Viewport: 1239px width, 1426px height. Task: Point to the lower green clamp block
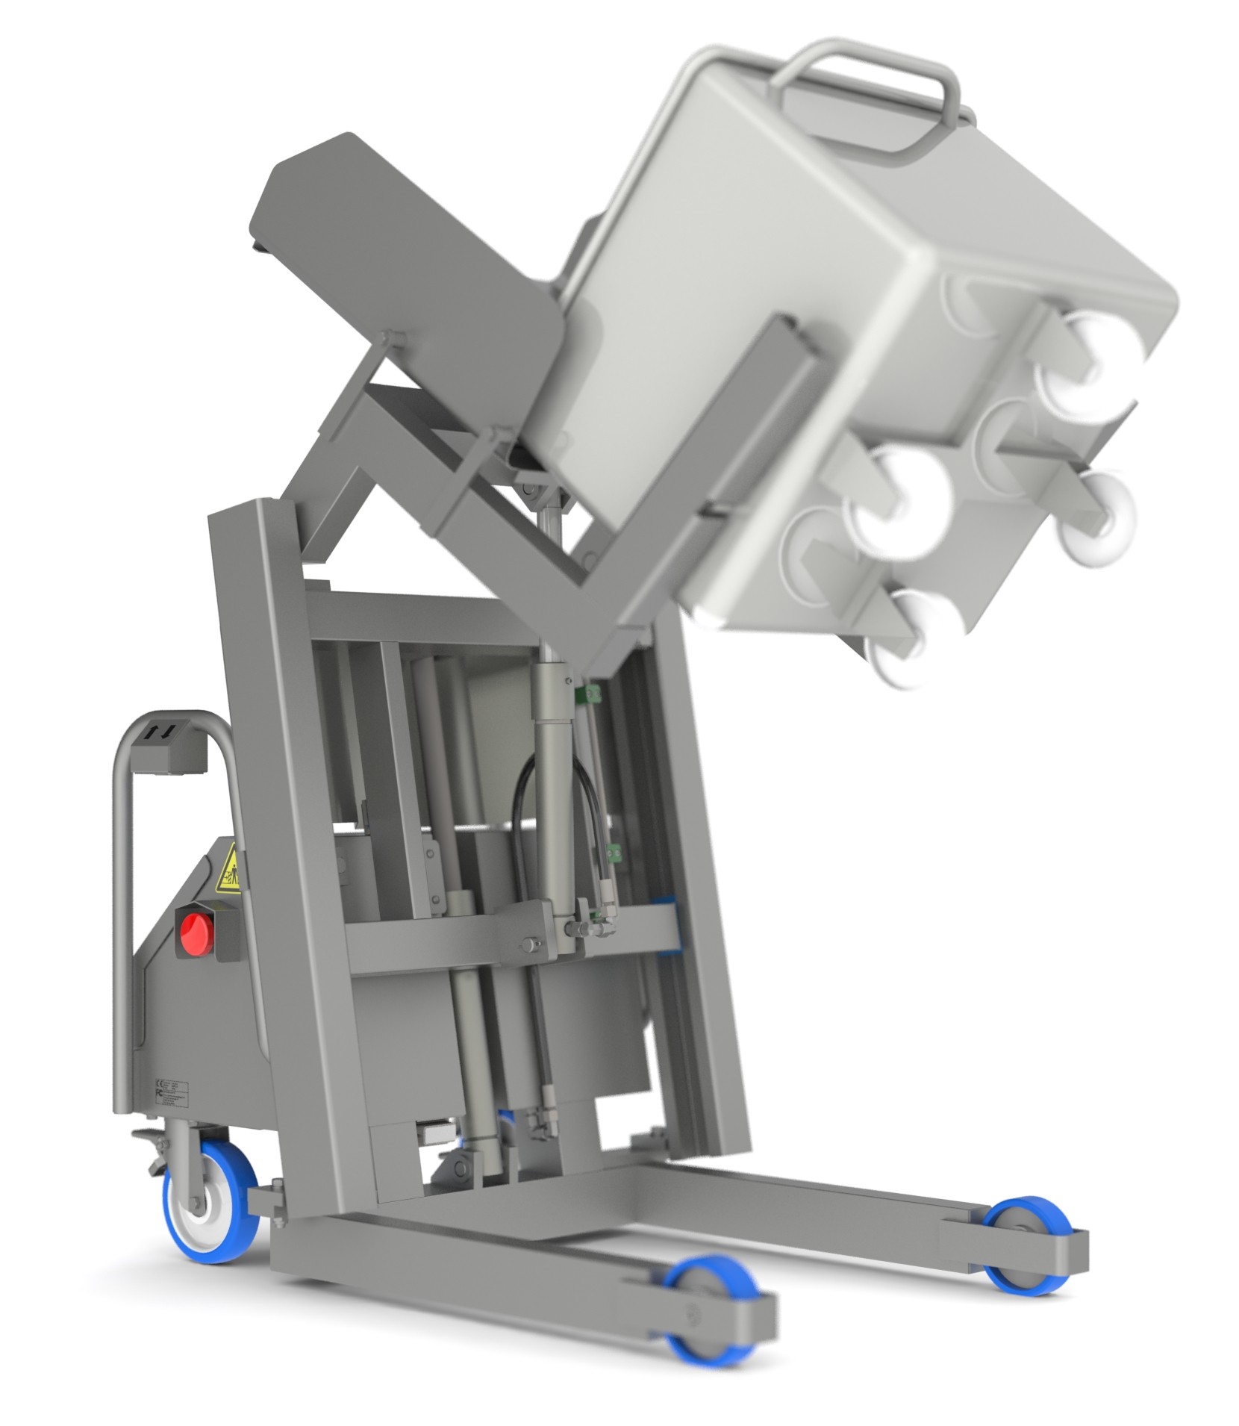614,852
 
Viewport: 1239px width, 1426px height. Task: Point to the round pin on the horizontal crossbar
528,944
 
